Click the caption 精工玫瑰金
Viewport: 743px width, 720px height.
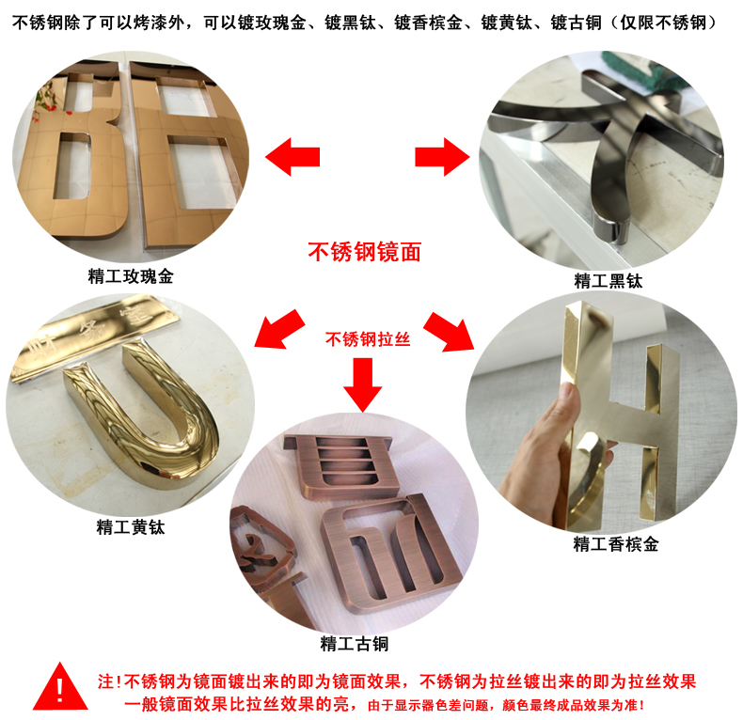[131, 276]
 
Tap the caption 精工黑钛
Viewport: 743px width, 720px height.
[609, 280]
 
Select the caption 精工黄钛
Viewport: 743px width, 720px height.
[131, 526]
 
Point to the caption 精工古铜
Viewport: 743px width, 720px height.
[354, 643]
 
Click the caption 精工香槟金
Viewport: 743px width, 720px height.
[615, 543]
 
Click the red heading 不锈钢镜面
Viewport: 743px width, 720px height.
[364, 252]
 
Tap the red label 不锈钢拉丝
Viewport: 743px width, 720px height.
[367, 339]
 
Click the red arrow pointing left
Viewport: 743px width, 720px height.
[292, 157]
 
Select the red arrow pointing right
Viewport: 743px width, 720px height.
[442, 157]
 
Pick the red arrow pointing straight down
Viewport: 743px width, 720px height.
[363, 384]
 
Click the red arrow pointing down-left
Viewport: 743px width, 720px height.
[278, 330]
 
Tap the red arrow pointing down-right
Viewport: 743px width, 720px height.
[449, 332]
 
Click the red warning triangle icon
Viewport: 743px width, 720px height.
[60, 689]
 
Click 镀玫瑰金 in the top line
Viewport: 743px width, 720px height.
[272, 23]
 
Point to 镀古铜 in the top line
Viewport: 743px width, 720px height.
[576, 23]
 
